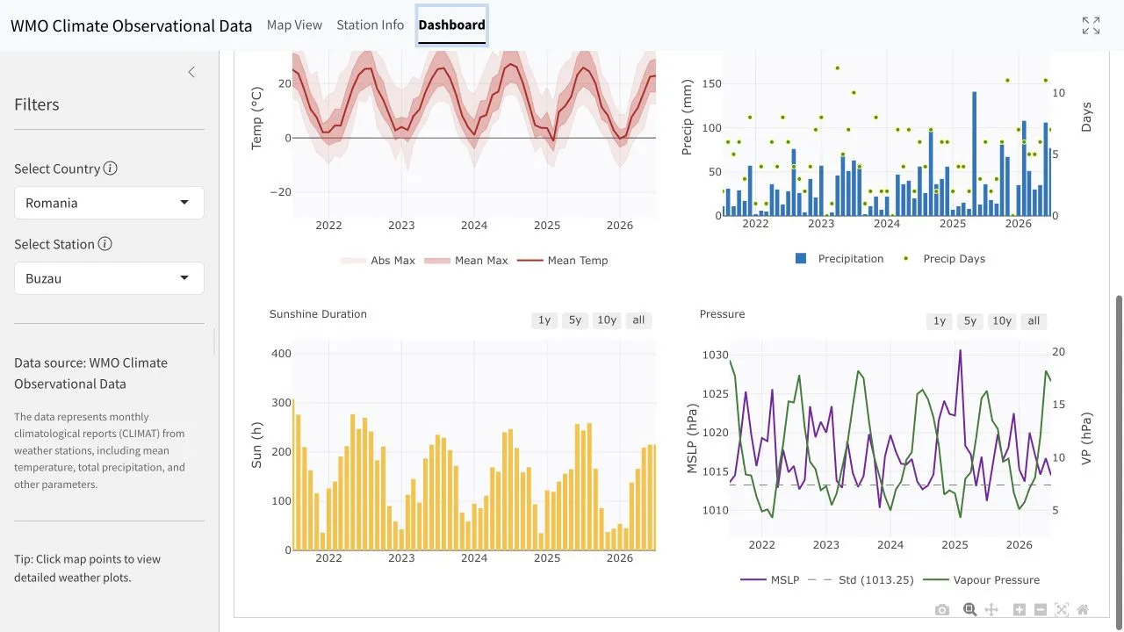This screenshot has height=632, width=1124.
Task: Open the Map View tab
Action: pyautogui.click(x=294, y=25)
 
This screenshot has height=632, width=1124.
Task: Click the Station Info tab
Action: pyautogui.click(x=370, y=25)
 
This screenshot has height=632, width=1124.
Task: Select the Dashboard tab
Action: pyautogui.click(x=451, y=25)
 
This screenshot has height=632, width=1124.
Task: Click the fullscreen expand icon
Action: pyautogui.click(x=1091, y=25)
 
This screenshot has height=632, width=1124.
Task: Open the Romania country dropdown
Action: pyautogui.click(x=109, y=203)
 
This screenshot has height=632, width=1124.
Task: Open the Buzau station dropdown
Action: pyautogui.click(x=109, y=278)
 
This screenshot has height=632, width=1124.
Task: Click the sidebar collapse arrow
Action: pyautogui.click(x=191, y=72)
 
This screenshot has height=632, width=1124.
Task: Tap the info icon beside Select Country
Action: pyautogui.click(x=111, y=168)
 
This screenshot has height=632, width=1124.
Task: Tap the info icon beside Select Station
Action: pyautogui.click(x=104, y=244)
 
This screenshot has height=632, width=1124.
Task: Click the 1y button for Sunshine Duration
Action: pyautogui.click(x=544, y=320)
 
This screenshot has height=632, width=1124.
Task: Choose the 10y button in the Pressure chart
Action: pyautogui.click(x=1002, y=321)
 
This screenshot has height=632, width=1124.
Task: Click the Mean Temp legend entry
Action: pyautogui.click(x=563, y=261)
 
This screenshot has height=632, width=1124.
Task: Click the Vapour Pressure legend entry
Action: pyautogui.click(x=982, y=580)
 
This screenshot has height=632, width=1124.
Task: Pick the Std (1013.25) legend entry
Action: pyautogui.click(x=861, y=580)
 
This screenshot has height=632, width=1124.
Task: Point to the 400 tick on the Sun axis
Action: pyautogui.click(x=281, y=354)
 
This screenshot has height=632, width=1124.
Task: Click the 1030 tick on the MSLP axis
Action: pyautogui.click(x=715, y=355)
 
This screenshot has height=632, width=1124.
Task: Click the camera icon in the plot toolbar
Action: pyautogui.click(x=942, y=609)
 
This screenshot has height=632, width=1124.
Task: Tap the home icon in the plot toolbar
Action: pyautogui.click(x=1083, y=609)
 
